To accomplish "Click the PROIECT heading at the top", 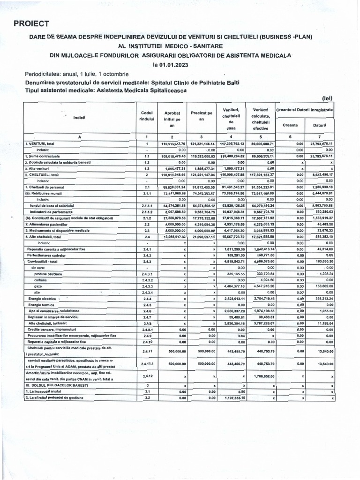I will [31, 23].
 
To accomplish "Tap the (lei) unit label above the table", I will [327, 98].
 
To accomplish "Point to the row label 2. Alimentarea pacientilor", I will [50, 225].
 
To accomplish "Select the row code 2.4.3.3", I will [147, 286].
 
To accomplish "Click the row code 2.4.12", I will [147, 376].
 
